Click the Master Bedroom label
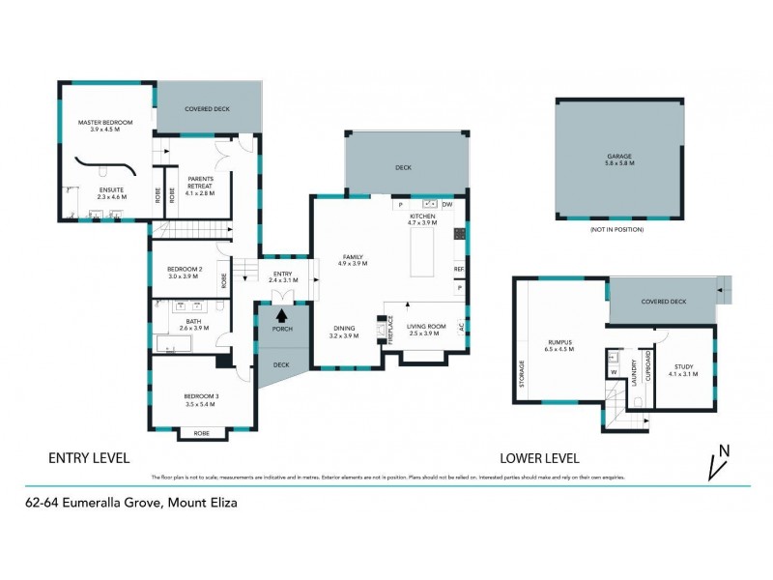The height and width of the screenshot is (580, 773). (x=104, y=123)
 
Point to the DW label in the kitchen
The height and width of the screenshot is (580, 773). (x=447, y=205)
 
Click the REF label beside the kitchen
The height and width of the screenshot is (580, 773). (x=459, y=269)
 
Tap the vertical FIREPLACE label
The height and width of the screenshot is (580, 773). (x=391, y=330)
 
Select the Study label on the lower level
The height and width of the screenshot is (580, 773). (x=684, y=366)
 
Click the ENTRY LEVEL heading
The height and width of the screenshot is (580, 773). (x=89, y=456)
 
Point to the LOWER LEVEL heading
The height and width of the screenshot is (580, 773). (x=539, y=456)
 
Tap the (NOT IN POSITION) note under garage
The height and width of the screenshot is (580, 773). (x=616, y=229)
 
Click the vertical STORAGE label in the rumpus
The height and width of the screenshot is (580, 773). (x=523, y=373)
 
